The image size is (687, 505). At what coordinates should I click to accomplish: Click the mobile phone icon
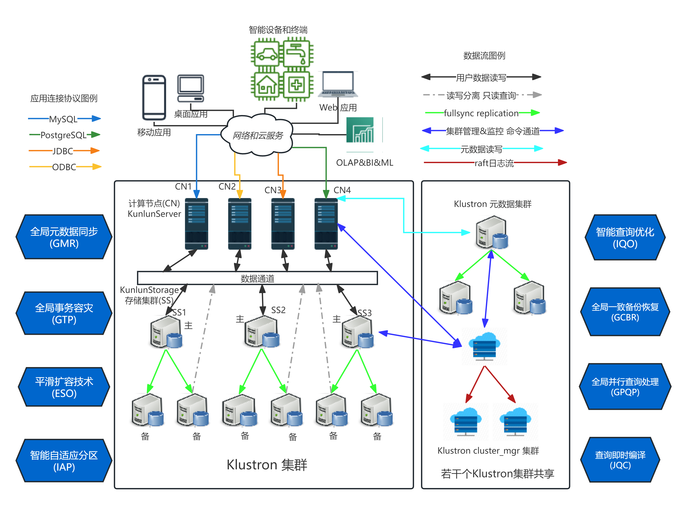154,98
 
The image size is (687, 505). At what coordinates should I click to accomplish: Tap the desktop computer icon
191,89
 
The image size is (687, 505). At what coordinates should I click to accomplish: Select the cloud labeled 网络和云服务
257,135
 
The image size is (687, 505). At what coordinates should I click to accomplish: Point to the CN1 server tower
196,224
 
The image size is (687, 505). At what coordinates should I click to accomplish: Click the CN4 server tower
326,224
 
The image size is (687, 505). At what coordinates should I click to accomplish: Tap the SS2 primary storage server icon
262,332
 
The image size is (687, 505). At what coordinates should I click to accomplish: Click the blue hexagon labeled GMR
64,237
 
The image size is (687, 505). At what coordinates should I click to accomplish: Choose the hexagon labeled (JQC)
620,460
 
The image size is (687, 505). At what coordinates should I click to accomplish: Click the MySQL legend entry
64,119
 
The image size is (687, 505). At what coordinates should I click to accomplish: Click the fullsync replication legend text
481,113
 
